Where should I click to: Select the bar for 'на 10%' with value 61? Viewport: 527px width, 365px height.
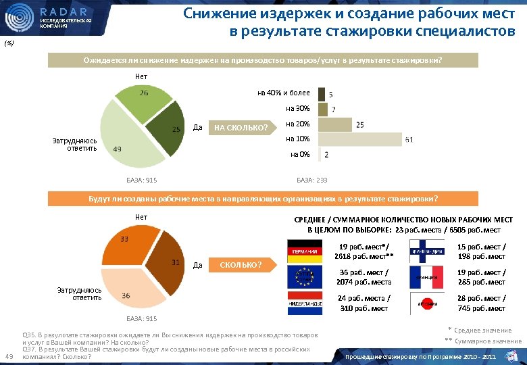point(358,140)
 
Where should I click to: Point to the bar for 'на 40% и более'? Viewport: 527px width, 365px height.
point(320,94)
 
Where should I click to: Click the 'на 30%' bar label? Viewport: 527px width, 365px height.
point(297,109)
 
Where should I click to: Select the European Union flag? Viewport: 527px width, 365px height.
point(305,276)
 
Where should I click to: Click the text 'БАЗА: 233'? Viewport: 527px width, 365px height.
point(312,180)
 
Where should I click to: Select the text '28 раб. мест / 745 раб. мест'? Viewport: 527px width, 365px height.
point(482,303)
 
